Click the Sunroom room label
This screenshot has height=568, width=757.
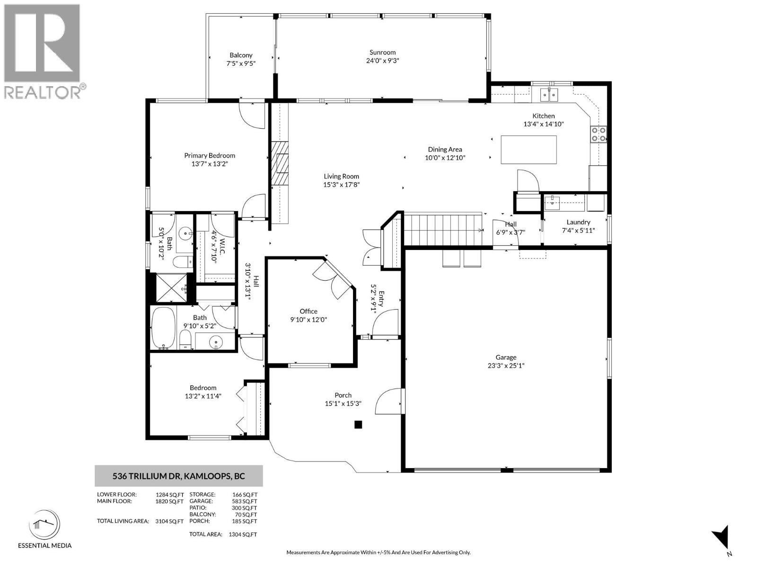382,53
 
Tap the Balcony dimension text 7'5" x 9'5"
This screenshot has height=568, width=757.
241,63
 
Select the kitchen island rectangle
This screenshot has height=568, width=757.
528,150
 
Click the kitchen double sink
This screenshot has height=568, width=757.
549,95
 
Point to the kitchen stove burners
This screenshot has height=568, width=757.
598,134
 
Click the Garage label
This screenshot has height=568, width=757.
506,357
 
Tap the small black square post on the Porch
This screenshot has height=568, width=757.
358,425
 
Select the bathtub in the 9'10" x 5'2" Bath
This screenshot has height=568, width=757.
163,328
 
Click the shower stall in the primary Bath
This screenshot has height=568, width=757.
171,287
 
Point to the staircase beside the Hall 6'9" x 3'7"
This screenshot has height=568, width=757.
442,230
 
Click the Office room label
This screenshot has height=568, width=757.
308,311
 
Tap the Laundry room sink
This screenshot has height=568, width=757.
551,203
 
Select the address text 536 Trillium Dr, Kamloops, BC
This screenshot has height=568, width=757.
179,476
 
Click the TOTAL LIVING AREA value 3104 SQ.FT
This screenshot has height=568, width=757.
169,521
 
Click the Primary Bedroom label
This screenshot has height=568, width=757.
210,155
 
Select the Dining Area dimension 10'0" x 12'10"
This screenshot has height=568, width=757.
445,158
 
